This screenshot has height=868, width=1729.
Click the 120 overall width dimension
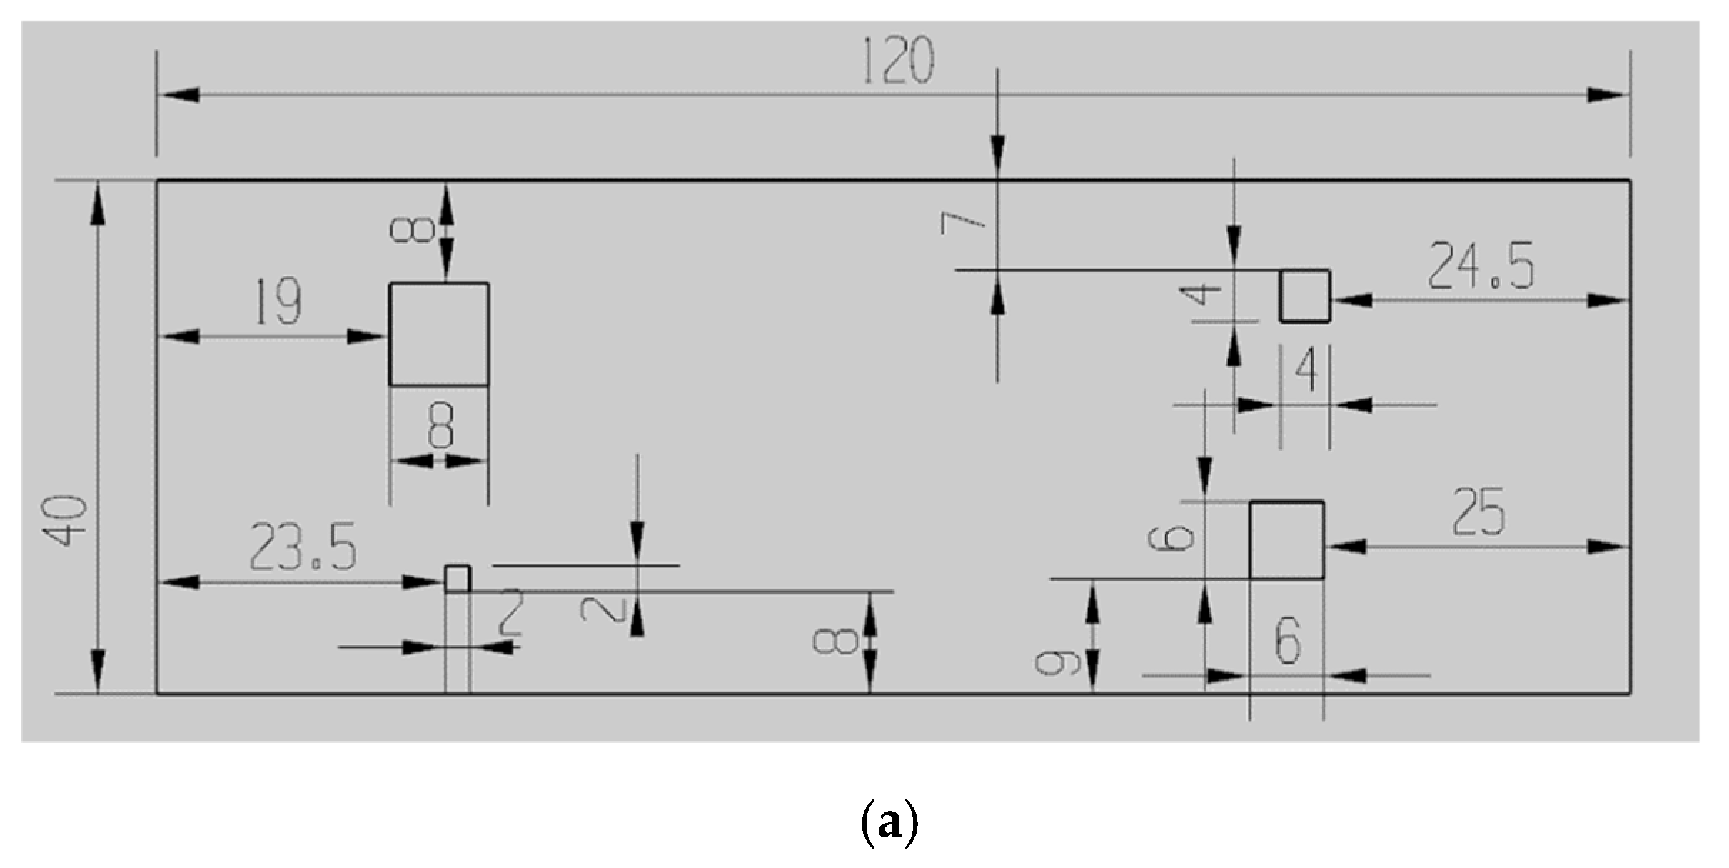click(898, 61)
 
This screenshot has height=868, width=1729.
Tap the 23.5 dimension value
click(303, 548)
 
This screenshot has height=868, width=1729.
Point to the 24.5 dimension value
click(1480, 267)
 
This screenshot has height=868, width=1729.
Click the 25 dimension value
click(1478, 512)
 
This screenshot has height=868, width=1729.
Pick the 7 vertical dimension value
click(963, 224)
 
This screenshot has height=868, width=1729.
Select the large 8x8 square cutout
click(439, 334)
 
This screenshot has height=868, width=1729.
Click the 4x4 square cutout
click(1304, 296)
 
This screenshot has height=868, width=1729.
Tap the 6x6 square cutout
click(1286, 540)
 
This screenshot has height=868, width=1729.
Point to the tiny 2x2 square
click(458, 579)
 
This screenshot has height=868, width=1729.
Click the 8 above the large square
click(413, 229)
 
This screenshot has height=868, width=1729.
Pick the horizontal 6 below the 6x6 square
click(1288, 641)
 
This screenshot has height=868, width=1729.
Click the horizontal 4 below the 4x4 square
click(1306, 371)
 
